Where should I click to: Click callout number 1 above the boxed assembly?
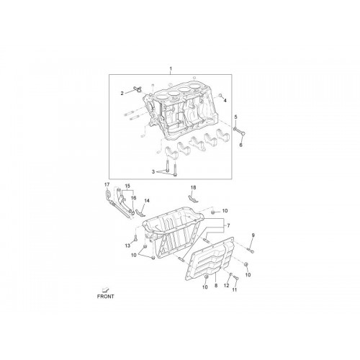tap(171, 68)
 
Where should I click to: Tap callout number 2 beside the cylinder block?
tap(122, 94)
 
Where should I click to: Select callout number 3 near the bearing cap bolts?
tap(153, 172)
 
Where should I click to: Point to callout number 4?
tap(225, 101)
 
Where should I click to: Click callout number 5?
tap(235, 117)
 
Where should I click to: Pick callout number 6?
tap(241, 145)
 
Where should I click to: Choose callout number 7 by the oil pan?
tap(228, 225)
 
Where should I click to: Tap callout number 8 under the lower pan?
tap(216, 286)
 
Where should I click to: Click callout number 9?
tap(253, 235)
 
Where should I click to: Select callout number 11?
tap(235, 290)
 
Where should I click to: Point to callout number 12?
tap(227, 286)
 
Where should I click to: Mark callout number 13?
tap(127, 246)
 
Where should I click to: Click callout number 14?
tap(147, 200)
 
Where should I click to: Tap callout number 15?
tap(127, 186)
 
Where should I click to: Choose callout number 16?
tap(133, 198)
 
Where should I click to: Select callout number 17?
tap(107, 184)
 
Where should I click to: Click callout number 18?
tap(193, 187)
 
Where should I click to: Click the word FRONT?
tap(106, 297)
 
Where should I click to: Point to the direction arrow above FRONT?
tap(105, 289)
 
